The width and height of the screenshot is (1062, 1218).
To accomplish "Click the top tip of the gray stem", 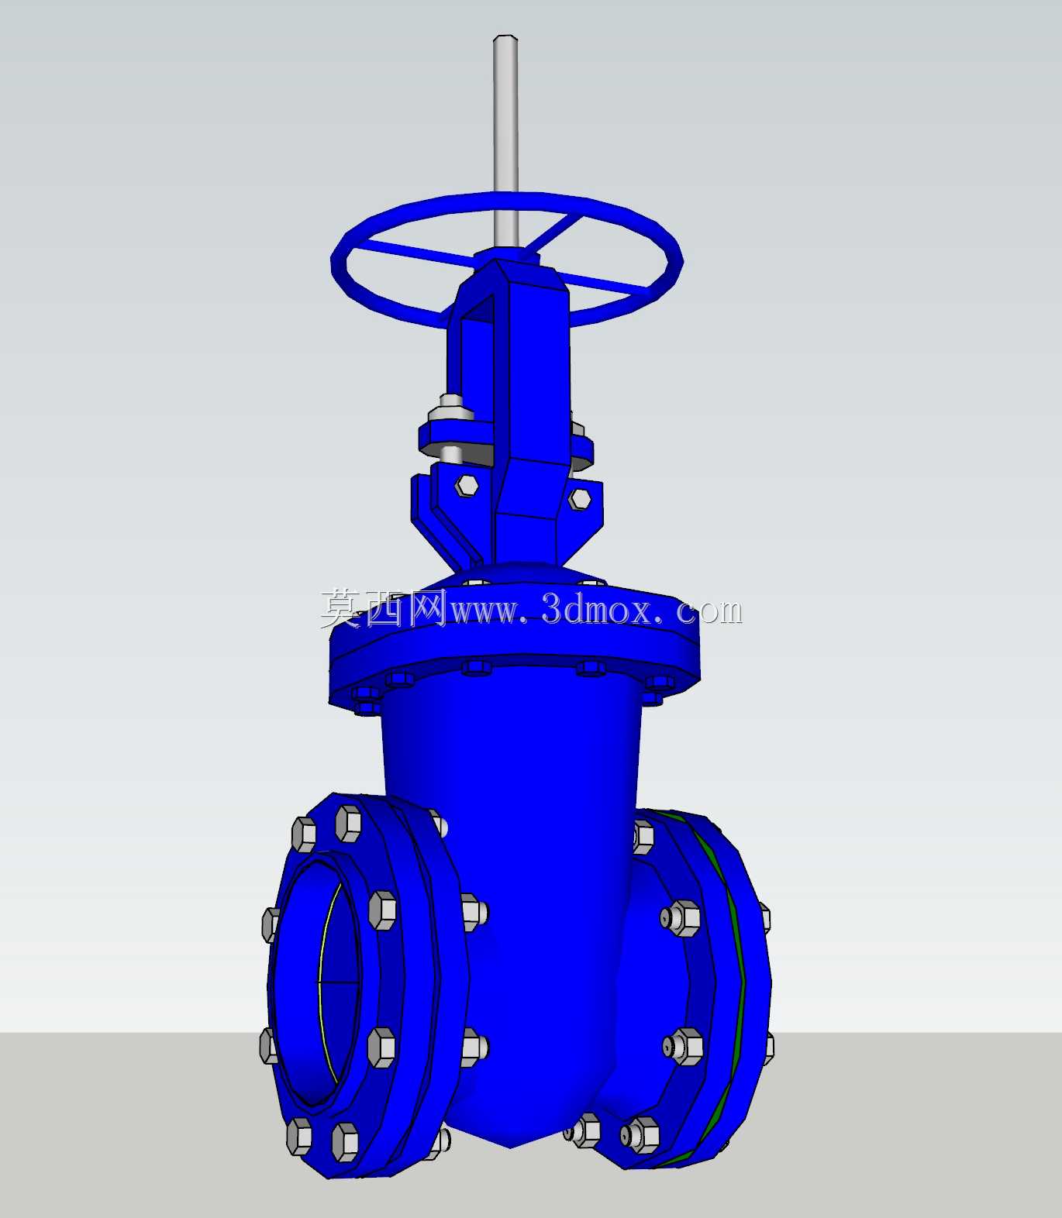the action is tap(505, 36).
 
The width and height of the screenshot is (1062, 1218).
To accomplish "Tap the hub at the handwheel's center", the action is tap(505, 253).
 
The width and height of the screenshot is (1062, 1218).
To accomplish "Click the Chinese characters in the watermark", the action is tap(383, 608).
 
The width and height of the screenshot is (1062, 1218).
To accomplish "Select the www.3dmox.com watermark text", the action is tap(595, 611).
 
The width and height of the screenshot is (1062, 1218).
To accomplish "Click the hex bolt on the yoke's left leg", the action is tap(467, 485).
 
